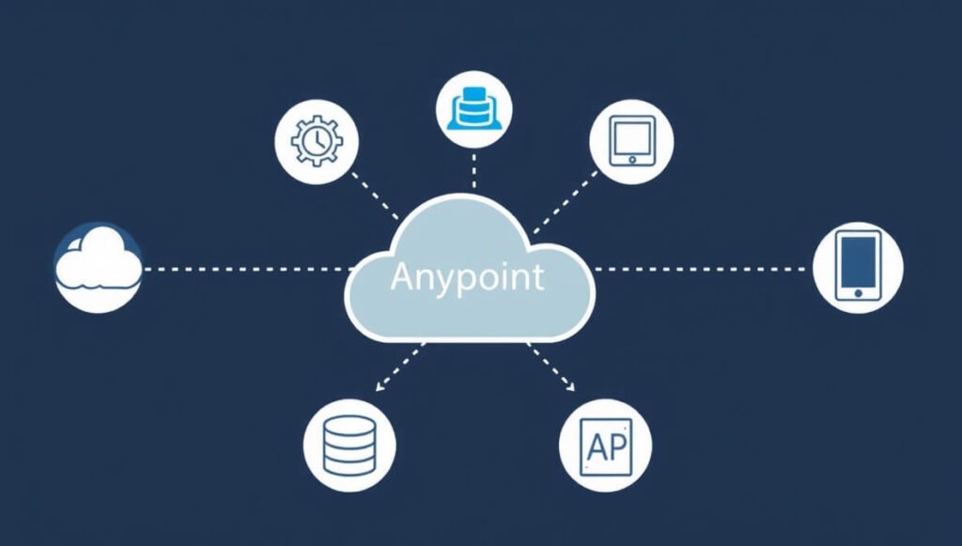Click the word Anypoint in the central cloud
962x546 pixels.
click(467, 278)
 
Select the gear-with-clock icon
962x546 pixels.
click(317, 141)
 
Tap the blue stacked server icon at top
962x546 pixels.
click(474, 109)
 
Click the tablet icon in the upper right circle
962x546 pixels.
click(632, 141)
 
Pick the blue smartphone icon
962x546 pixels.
click(858, 266)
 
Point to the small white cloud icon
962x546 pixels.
click(98, 257)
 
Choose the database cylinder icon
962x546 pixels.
click(349, 445)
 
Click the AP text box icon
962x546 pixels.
click(606, 446)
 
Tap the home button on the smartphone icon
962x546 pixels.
click(859, 293)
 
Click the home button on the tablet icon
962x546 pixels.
click(632, 160)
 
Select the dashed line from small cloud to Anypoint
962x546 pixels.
click(248, 269)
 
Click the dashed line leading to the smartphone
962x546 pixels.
click(700, 269)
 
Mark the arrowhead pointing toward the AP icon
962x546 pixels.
click(570, 386)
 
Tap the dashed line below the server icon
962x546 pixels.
click(473, 171)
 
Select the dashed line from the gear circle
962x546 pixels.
click(375, 195)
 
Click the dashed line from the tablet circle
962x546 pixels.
click(565, 202)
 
